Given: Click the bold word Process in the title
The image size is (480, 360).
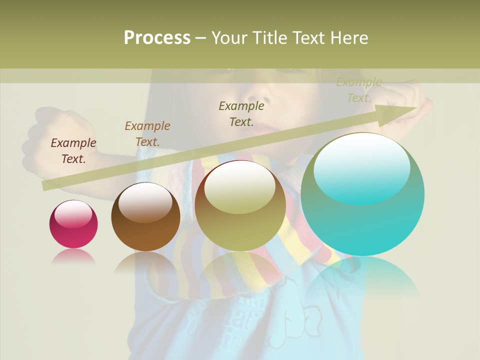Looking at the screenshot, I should point(157,38).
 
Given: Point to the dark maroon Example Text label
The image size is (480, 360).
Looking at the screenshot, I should point(73,151).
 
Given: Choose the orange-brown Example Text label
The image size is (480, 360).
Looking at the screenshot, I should point(147,133).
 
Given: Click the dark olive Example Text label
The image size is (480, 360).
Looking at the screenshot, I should point(241,113).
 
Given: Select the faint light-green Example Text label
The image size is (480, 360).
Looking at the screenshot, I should point(358,90).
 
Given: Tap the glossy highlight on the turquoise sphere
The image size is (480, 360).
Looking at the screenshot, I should point(362,167).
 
